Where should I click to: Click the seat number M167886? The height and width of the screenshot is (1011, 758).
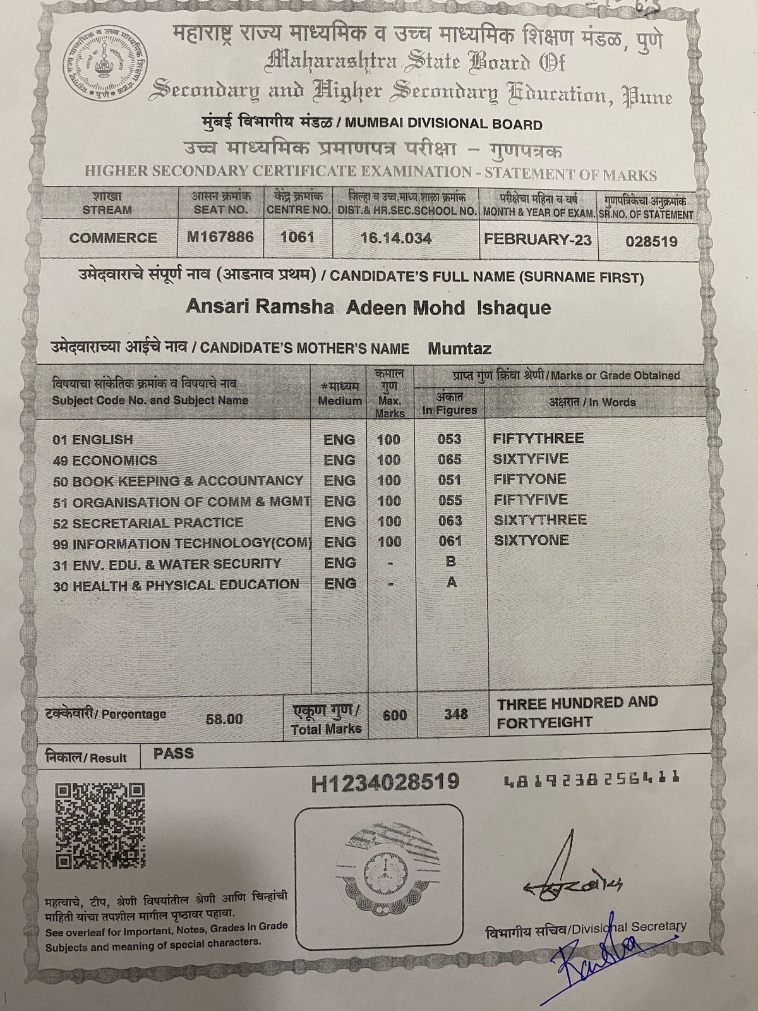tap(220, 237)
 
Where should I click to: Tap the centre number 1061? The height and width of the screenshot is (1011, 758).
tap(297, 238)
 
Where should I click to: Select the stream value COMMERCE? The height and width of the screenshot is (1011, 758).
tap(113, 238)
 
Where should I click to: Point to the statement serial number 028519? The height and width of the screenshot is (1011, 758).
tap(651, 241)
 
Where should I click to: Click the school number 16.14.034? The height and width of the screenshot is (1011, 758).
tap(396, 238)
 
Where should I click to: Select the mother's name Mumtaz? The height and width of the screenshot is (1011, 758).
tap(459, 348)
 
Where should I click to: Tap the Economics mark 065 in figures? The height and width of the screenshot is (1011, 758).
tap(449, 459)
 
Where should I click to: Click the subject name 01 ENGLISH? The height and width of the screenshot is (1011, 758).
tap(93, 440)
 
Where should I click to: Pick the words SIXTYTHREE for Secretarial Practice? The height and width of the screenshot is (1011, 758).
tap(539, 520)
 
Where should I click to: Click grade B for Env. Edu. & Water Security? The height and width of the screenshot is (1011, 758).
tap(450, 562)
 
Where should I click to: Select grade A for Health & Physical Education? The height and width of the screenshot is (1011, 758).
tap(451, 583)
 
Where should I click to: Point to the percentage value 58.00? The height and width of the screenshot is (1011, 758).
tap(224, 719)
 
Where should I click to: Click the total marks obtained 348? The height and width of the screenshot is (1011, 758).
tap(455, 714)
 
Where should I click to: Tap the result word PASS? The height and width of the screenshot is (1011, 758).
tap(174, 754)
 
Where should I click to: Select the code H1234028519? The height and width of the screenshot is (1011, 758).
tap(384, 782)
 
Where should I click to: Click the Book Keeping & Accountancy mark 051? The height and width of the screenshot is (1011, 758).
tap(449, 480)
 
